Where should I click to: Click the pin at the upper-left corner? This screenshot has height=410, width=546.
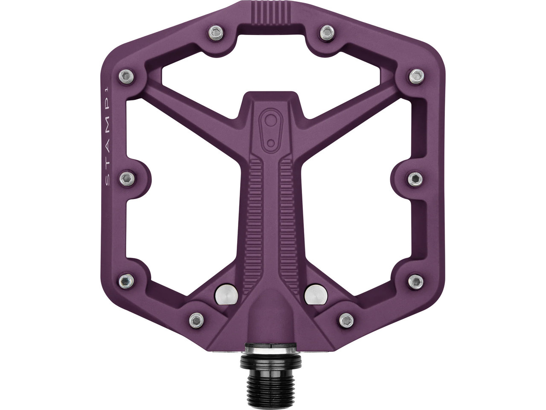[125, 76]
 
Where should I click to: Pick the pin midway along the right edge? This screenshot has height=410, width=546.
[413, 176]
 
